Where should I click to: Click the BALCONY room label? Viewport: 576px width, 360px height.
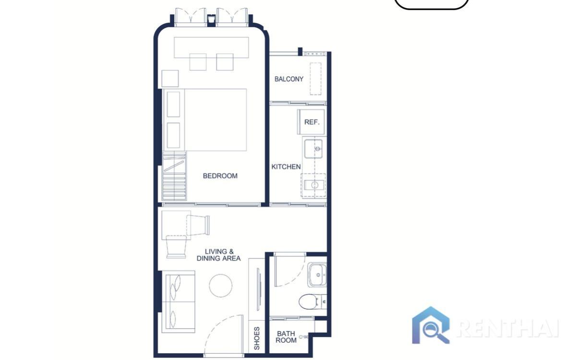pos(288,79)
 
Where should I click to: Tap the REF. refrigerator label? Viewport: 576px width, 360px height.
pos(312,122)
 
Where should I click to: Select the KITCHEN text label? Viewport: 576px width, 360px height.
pos(286,167)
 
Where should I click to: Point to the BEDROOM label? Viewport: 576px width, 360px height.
pos(220,176)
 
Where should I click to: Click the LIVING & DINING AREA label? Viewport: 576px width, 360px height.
pos(219,255)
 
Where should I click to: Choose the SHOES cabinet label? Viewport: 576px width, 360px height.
pos(257,338)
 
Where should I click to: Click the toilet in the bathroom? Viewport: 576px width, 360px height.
pos(311,301)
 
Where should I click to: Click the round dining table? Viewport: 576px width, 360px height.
pos(221,285)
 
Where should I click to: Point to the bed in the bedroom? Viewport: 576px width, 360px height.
pos(211,120)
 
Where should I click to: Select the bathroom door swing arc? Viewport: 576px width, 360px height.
pos(289,271)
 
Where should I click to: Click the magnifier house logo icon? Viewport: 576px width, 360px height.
pos(431,325)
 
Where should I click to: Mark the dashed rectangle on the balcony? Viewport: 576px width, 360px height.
pos(315,79)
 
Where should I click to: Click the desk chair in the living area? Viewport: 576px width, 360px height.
pos(176,247)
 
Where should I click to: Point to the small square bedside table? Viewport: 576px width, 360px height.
pos(170,78)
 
